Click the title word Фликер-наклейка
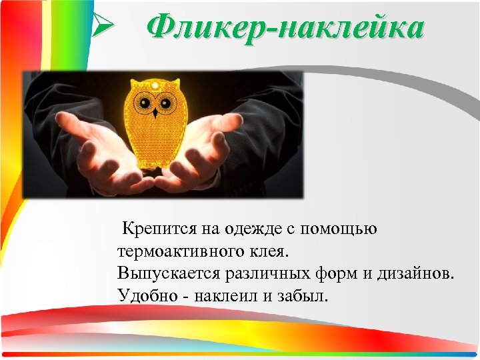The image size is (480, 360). pyautogui.click(x=285, y=29)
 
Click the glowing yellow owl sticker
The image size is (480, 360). pyautogui.click(x=156, y=127)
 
